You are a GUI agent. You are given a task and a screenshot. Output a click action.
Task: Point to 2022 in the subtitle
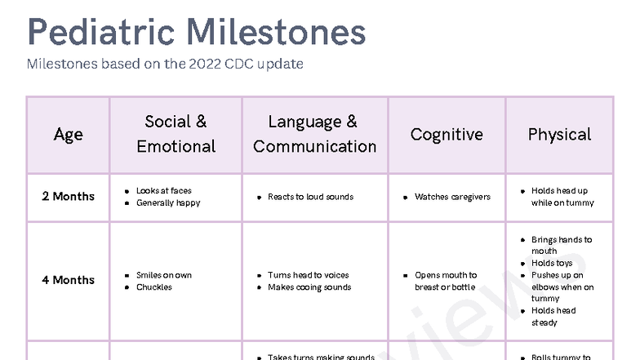190,64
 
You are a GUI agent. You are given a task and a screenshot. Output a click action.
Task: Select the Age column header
68,135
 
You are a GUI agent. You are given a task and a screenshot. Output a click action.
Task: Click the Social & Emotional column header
176,134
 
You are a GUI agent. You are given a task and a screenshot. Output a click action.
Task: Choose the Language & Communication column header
314,134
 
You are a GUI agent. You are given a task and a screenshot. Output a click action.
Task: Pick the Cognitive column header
447,135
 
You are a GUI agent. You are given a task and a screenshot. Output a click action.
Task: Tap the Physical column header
559,135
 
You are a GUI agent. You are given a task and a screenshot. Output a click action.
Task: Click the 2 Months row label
68,197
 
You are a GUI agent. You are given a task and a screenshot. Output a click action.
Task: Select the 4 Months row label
68,280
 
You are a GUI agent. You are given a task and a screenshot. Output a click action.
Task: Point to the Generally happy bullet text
168,203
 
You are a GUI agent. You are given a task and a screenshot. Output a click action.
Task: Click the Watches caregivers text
452,197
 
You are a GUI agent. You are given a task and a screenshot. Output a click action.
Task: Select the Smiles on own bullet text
164,275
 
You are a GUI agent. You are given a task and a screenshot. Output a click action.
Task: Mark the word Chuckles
154,287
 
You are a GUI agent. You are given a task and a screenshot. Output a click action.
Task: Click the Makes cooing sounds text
309,287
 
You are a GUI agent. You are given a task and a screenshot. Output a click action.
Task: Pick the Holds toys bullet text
552,264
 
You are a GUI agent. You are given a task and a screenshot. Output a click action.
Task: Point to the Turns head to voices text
308,275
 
